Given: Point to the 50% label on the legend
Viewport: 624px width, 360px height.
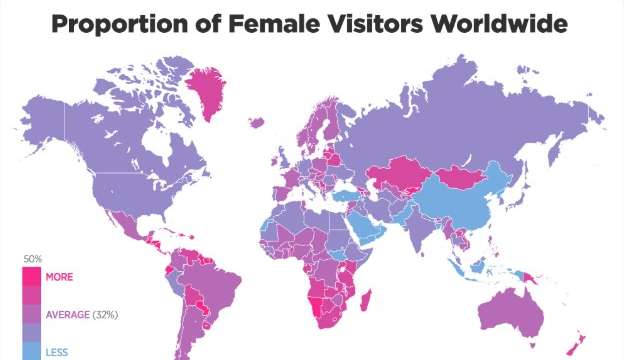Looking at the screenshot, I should point(32,259).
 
